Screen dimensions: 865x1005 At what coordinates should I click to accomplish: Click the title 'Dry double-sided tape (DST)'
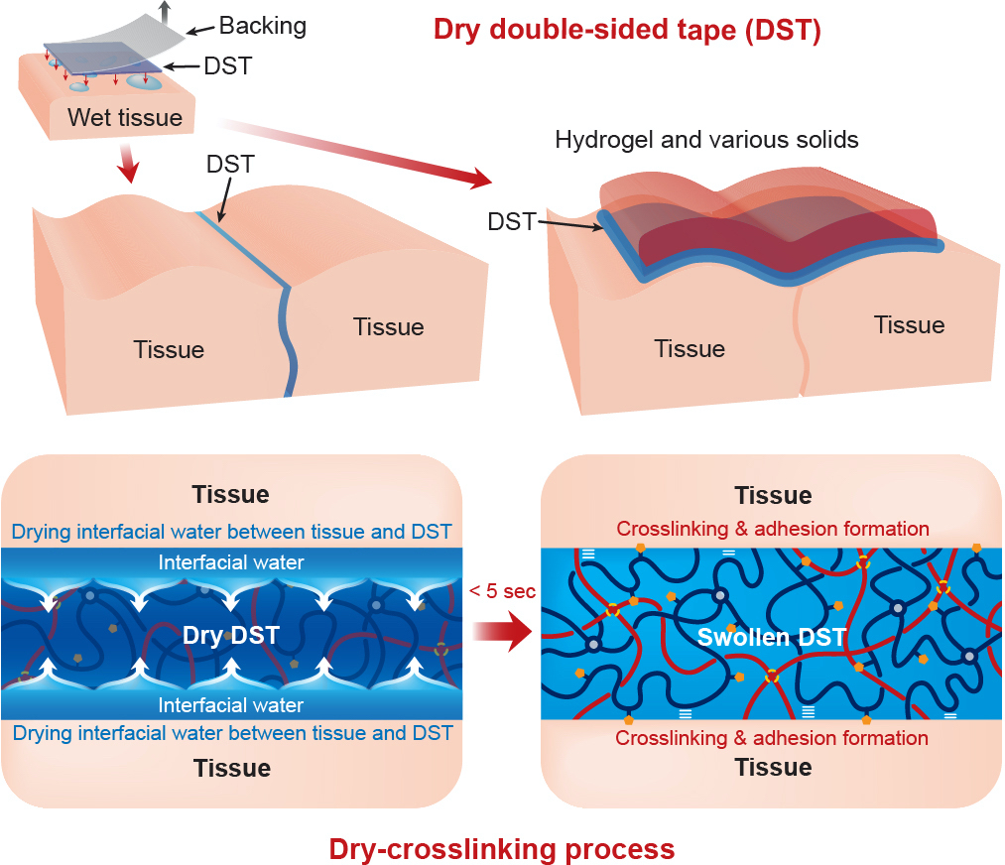(x=627, y=30)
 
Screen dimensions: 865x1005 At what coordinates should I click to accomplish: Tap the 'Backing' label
(x=262, y=26)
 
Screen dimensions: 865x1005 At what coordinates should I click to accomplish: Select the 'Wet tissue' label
(x=125, y=118)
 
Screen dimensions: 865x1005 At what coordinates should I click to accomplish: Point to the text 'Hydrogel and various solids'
(x=706, y=139)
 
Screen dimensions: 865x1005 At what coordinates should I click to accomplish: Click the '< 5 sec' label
(x=502, y=592)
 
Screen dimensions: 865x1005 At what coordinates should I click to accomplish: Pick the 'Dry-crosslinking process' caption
(x=502, y=849)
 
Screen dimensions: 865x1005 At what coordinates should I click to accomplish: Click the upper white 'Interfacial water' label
(x=231, y=562)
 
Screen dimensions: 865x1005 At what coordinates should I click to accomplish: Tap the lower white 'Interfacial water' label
(x=231, y=705)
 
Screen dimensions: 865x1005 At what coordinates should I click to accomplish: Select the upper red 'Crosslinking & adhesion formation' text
(x=773, y=529)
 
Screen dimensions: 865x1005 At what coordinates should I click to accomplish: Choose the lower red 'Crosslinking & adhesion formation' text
(x=772, y=738)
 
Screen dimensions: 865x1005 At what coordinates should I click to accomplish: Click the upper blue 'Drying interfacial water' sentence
(x=232, y=532)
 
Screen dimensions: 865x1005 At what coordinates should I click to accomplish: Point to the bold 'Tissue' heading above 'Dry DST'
(x=231, y=494)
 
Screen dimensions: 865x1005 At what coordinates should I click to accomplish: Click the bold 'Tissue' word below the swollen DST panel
(x=773, y=768)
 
